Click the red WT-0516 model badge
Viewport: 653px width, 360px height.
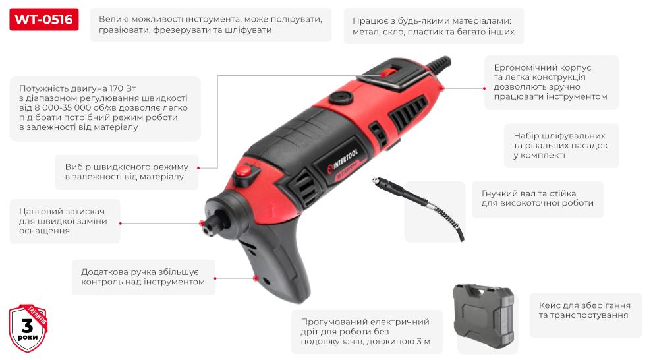43,20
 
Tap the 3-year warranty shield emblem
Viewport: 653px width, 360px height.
28,328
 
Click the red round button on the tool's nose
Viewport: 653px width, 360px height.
243,170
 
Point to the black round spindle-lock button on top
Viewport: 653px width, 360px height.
341,97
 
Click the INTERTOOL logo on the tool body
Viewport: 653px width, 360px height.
343,160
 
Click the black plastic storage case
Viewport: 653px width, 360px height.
484,315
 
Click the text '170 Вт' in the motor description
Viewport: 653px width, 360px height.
123,88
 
